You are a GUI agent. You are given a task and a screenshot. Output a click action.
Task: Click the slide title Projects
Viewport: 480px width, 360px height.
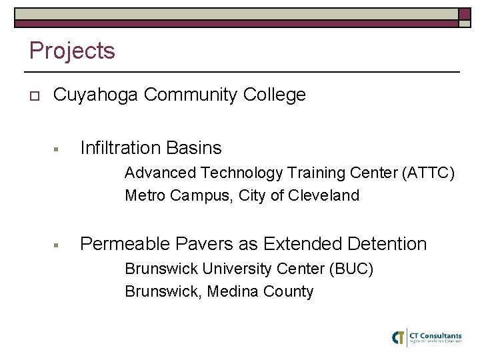(x=72, y=51)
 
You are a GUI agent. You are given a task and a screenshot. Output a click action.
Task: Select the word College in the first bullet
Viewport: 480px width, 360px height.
(x=275, y=95)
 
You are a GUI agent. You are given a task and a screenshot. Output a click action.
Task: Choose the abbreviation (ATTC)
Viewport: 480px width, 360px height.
(x=429, y=173)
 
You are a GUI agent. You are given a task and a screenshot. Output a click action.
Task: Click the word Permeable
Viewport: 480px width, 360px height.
(x=123, y=245)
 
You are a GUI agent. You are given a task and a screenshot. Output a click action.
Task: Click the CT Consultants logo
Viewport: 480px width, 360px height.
(x=427, y=337)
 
